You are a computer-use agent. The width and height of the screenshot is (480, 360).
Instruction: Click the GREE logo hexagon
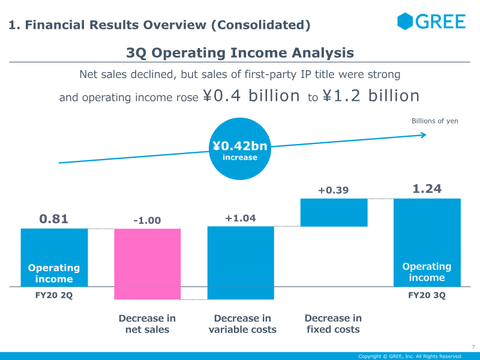click(x=404, y=21)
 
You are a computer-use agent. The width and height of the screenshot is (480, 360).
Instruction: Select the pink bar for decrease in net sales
click(x=147, y=264)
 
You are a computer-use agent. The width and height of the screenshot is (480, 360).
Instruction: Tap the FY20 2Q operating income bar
click(x=54, y=257)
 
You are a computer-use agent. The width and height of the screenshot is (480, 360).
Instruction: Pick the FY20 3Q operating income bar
click(x=427, y=242)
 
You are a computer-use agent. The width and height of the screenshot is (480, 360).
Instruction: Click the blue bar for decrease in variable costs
click(x=241, y=263)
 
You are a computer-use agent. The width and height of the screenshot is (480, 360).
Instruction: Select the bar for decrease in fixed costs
click(x=334, y=212)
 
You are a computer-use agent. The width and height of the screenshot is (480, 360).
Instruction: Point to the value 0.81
click(x=53, y=219)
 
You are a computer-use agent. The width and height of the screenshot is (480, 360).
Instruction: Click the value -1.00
click(x=147, y=220)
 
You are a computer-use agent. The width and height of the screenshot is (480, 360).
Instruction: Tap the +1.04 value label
click(x=241, y=218)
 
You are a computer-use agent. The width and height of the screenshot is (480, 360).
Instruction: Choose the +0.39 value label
click(x=334, y=190)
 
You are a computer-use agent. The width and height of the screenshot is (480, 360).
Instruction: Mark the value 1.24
click(x=427, y=188)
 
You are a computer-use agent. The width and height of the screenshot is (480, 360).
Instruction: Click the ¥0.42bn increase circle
click(x=240, y=149)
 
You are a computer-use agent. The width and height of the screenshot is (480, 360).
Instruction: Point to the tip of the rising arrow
click(x=427, y=134)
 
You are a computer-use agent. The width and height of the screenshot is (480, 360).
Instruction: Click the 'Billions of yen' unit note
click(x=434, y=121)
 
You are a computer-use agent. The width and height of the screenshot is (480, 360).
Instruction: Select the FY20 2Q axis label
click(x=54, y=295)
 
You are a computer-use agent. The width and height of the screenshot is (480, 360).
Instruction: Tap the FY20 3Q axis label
click(x=427, y=295)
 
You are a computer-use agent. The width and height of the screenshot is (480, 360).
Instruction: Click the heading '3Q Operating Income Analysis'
click(x=240, y=53)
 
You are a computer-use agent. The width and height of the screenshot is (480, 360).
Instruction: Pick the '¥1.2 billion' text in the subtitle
click(x=371, y=95)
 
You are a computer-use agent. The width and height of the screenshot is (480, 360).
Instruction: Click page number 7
click(x=473, y=347)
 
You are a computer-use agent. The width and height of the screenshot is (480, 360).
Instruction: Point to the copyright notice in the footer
click(x=410, y=356)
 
